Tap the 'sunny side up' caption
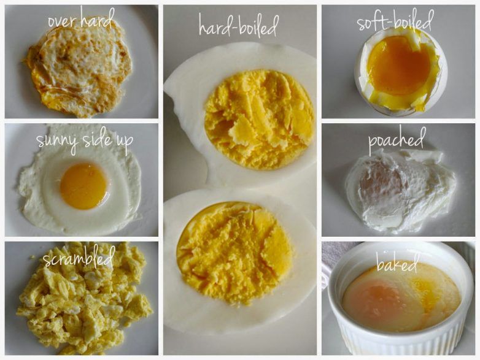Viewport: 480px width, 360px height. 85,140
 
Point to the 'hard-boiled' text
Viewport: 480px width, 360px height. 239,25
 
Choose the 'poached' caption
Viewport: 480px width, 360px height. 397,140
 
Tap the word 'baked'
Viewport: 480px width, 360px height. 397,263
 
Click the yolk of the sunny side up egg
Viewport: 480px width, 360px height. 83,186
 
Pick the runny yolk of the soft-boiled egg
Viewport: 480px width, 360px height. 398,65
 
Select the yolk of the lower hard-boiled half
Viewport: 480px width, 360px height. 235,253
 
